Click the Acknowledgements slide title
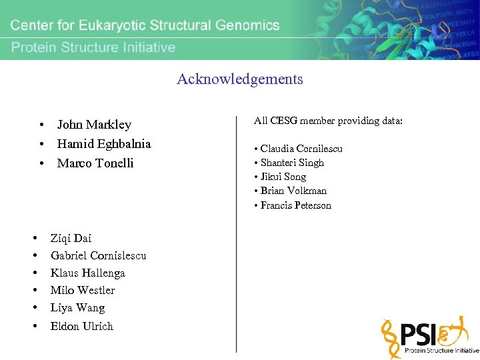(240, 79)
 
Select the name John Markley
(94, 125)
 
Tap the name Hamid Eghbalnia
(104, 144)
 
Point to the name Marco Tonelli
(95, 163)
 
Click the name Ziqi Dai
(71, 238)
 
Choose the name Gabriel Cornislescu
(98, 255)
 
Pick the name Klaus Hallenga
(87, 273)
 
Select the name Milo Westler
(83, 290)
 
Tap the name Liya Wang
(77, 308)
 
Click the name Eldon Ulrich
(82, 326)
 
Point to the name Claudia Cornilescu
(301, 149)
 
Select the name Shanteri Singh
(292, 163)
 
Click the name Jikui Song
(283, 177)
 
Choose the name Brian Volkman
(293, 191)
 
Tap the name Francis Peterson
(295, 205)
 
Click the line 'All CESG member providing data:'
(328, 121)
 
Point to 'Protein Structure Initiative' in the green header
(93, 47)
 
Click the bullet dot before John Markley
(42, 125)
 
